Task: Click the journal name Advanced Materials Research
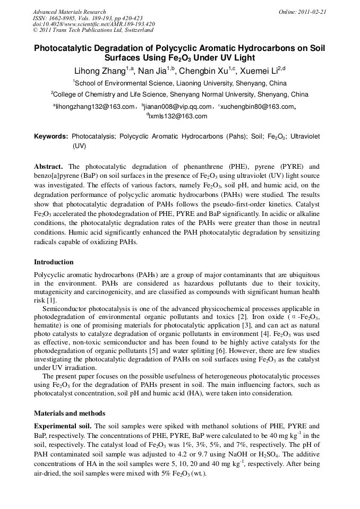[69, 12]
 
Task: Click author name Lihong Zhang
[101, 71]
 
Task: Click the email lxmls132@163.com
[177, 116]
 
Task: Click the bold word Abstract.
[48, 166]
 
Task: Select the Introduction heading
[54, 262]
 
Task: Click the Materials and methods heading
[70, 413]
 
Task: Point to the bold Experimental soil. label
[63, 426]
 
